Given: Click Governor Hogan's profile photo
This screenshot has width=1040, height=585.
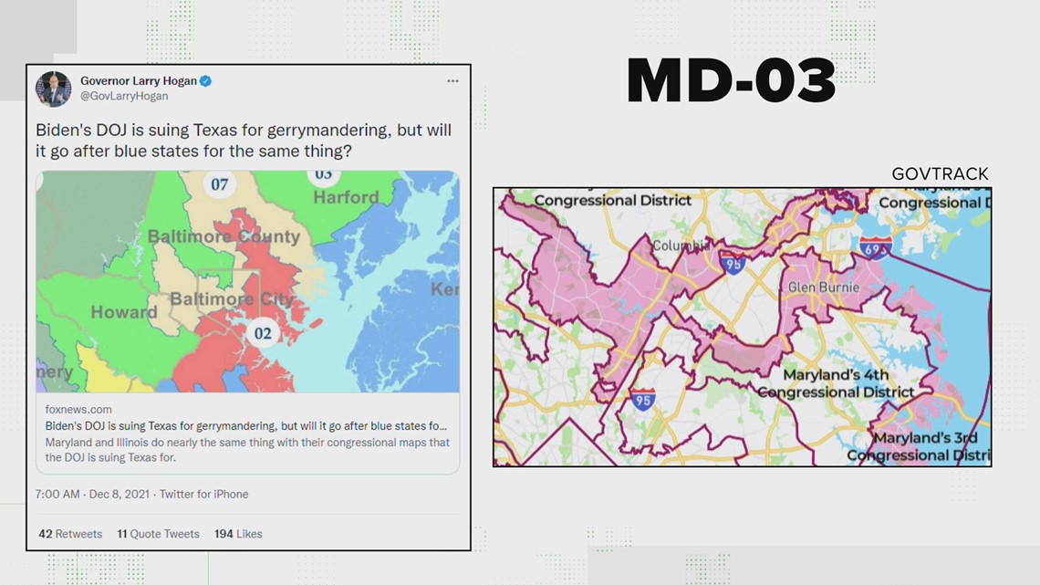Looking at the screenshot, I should pos(54,89).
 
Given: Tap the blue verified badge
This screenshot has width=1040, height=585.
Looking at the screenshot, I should pos(206,81).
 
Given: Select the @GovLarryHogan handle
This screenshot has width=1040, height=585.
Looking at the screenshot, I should pos(124,96).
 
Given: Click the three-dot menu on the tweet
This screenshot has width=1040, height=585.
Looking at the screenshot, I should pos(452,81).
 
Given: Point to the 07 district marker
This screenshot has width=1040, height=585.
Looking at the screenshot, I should pos(220,184).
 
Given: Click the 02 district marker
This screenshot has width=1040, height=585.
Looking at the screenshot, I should pos(263,333).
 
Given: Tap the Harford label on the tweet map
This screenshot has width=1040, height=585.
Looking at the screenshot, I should pos(346,197).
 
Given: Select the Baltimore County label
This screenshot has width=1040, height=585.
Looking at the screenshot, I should pos(224,236).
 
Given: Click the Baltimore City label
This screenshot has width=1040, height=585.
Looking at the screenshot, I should pos(232,299).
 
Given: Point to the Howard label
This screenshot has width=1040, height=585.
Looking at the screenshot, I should pos(124,312).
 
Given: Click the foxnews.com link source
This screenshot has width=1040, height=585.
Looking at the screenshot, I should pos(78,410).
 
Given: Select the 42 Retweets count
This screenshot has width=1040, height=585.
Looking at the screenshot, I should pos(70,534).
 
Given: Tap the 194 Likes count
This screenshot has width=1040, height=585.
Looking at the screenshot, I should pos(238,534).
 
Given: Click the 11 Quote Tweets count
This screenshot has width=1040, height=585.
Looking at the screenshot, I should pos(158,534).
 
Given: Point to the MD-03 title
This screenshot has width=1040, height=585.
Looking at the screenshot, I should pos(731,81).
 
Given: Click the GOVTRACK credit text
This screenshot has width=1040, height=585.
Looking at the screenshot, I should pos(940,174).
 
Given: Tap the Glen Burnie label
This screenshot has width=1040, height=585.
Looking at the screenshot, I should pos(819,287).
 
